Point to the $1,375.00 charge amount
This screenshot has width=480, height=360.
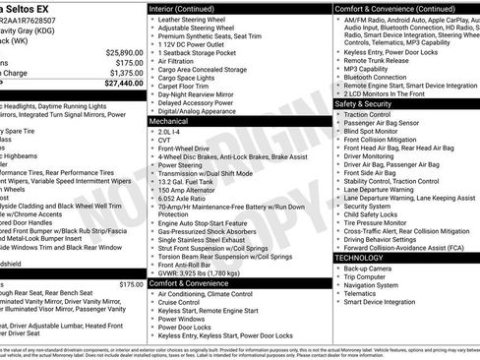click(124, 73)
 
